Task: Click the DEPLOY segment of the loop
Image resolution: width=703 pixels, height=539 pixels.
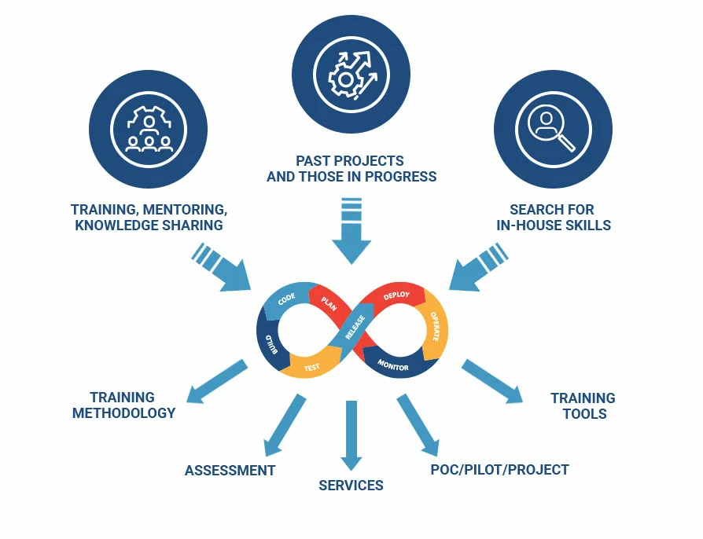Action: tap(397, 296)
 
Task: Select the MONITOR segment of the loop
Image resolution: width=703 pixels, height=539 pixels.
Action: tap(393, 365)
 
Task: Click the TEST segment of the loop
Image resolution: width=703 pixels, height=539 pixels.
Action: tap(311, 366)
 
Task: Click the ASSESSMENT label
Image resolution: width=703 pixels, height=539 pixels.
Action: tap(230, 471)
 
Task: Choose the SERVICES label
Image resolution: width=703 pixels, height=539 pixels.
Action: tap(351, 486)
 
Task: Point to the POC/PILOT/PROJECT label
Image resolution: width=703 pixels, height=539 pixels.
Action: tap(499, 470)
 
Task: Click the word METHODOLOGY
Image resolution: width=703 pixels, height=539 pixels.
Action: tap(123, 413)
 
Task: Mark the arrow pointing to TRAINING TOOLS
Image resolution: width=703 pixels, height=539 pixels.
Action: tap(492, 382)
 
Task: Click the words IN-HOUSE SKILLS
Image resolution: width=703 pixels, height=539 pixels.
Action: tap(553, 225)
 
